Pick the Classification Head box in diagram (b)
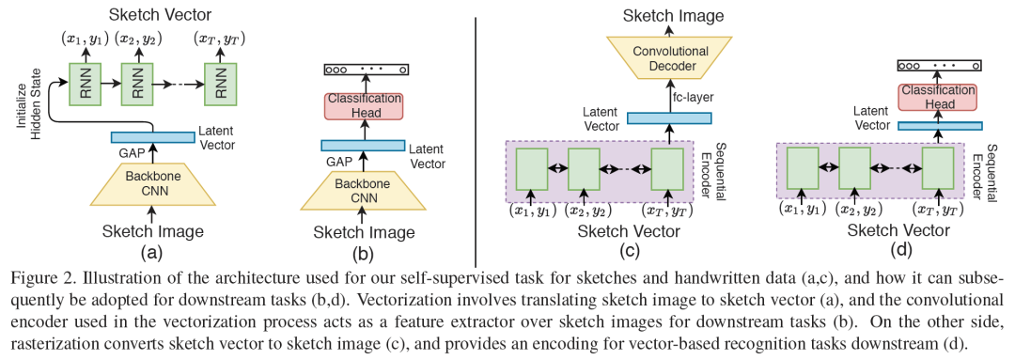(363, 105)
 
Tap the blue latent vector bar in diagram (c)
(669, 117)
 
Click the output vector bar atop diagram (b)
(366, 70)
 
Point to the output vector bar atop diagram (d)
(939, 66)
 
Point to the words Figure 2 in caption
(35, 276)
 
